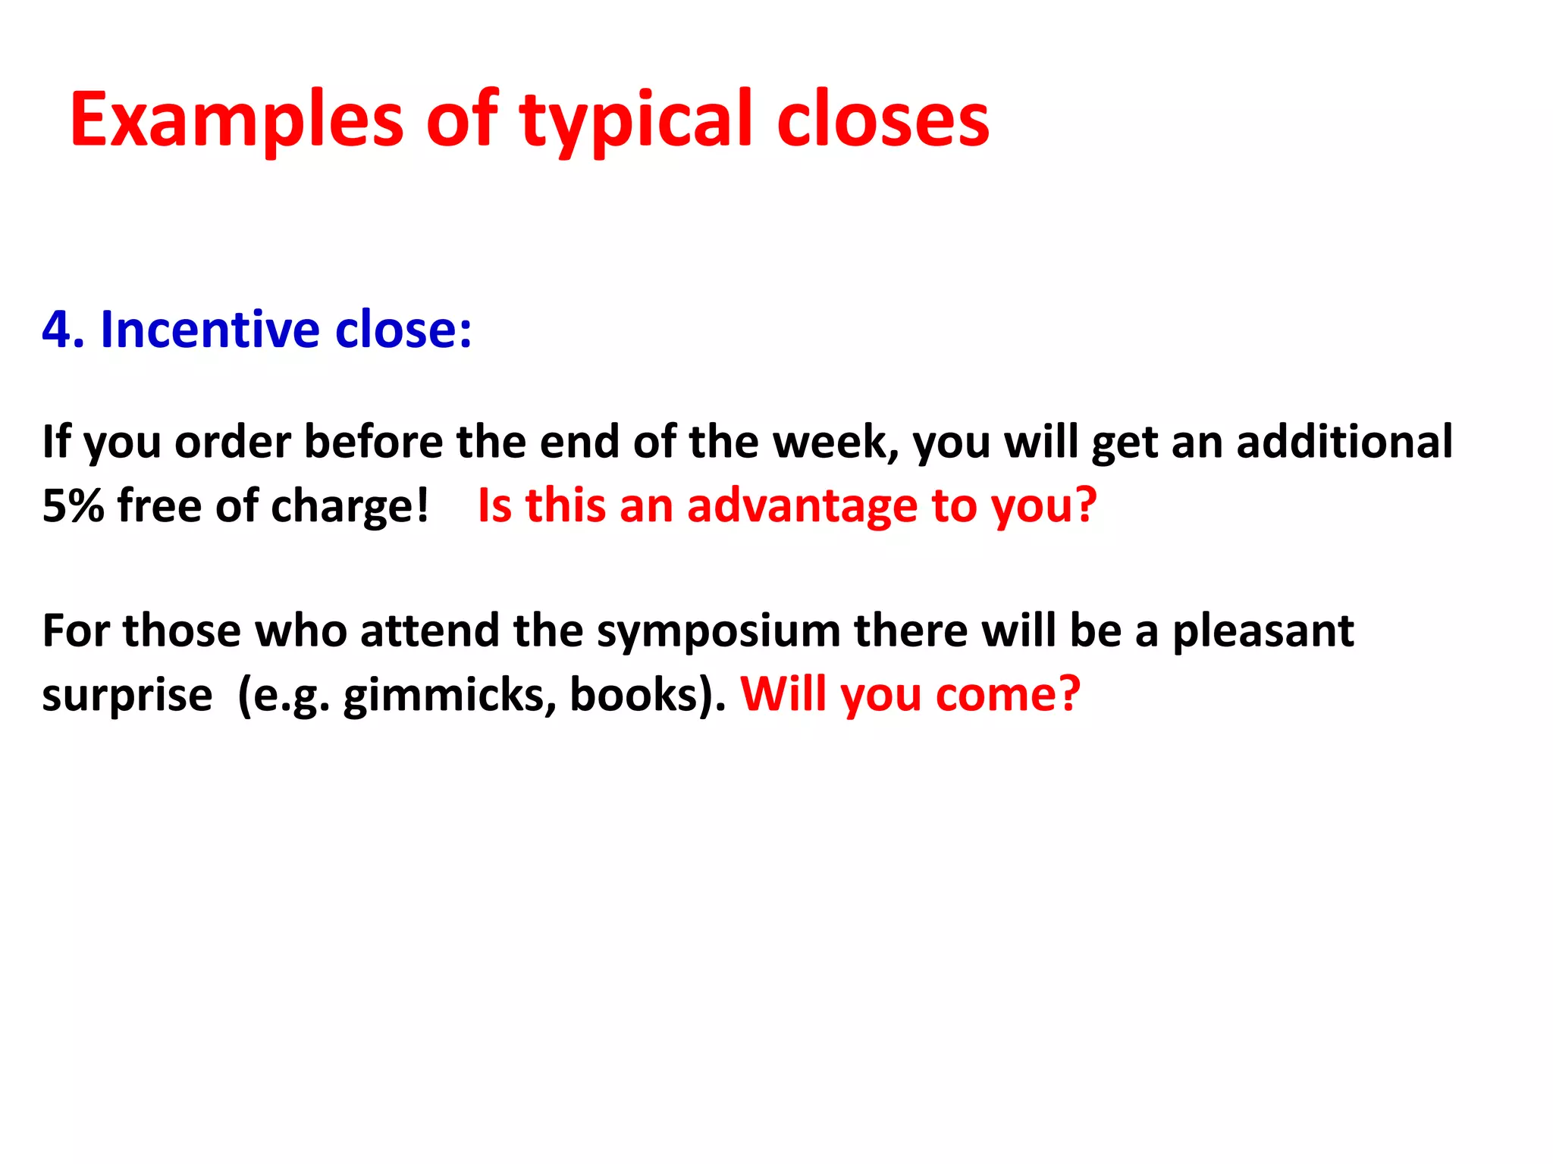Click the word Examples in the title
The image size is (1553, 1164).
(236, 120)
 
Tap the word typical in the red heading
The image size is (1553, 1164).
(635, 120)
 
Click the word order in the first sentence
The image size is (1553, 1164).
(233, 442)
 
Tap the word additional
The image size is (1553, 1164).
(1344, 442)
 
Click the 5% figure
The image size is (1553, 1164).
(73, 505)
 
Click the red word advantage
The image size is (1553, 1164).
(802, 505)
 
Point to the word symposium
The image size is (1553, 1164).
(718, 632)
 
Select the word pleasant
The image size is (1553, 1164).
(1263, 632)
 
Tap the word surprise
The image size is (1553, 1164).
(127, 696)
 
